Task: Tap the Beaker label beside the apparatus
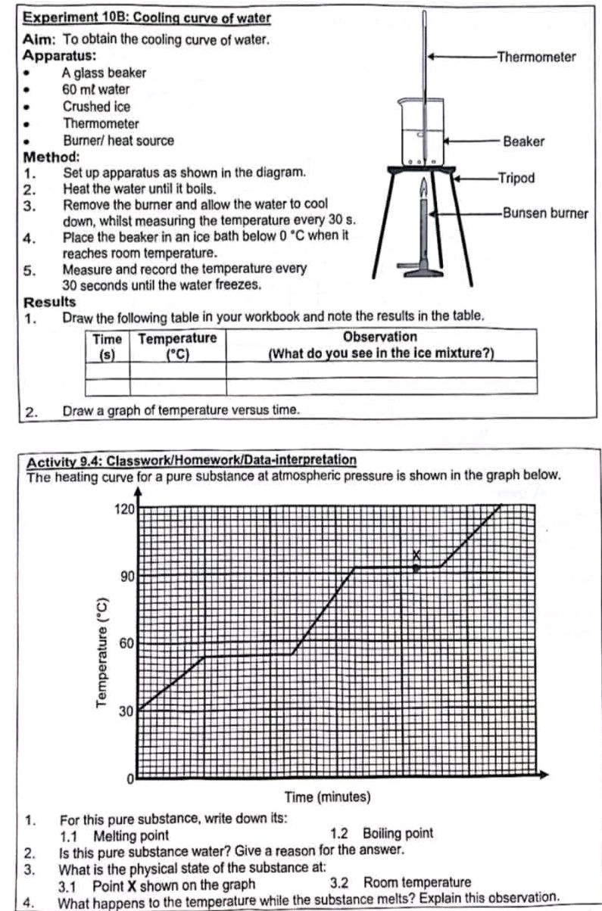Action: tap(523, 141)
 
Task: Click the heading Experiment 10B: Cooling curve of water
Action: tap(148, 17)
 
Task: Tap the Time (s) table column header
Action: tap(107, 345)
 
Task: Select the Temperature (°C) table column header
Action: tap(177, 345)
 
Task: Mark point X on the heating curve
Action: tap(416, 567)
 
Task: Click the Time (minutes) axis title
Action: tap(327, 797)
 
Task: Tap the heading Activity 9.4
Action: tap(192, 460)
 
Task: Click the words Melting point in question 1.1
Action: tap(131, 834)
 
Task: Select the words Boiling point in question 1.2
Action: tap(398, 833)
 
